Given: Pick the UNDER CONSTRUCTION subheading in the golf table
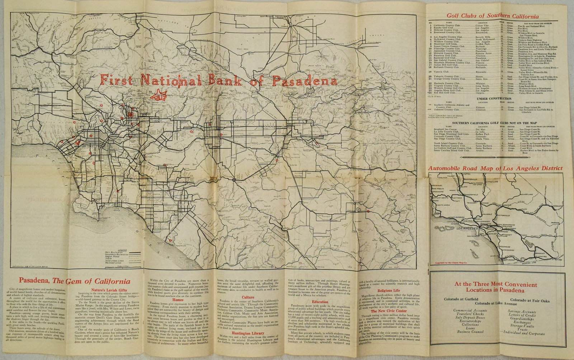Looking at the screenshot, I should pos(494,99).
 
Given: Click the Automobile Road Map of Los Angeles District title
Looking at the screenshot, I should pos(495,168).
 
